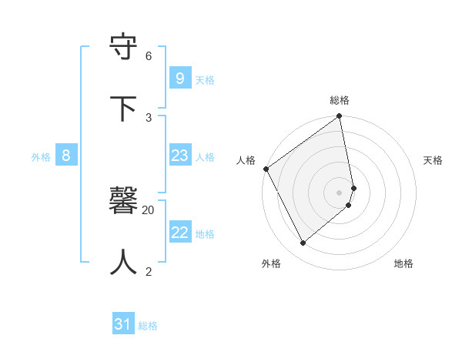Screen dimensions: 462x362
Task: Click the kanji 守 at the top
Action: pos(124,48)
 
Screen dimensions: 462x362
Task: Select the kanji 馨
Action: pos(124,201)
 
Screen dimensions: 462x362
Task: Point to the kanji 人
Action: pos(124,262)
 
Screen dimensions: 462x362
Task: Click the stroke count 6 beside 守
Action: pos(149,56)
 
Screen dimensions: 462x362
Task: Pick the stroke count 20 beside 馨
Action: pos(149,209)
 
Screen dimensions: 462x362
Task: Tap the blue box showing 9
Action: pos(179,78)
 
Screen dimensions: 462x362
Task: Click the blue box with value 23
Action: pos(179,156)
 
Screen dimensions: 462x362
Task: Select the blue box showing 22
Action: pos(179,233)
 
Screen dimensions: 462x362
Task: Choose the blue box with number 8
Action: pos(66,156)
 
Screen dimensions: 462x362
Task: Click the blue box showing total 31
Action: pos(122,324)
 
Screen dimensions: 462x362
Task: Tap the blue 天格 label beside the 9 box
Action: pos(205,80)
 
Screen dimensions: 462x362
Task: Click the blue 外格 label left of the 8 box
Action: pos(41,157)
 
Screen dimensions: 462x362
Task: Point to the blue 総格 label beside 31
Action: pos(148,327)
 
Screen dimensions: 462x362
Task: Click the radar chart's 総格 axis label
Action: pos(340,100)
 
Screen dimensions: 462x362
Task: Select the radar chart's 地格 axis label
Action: pos(403,263)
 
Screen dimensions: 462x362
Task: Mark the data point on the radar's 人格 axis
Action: pos(266,169)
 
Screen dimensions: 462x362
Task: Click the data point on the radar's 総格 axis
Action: pos(340,117)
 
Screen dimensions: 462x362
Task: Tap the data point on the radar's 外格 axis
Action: pos(303,243)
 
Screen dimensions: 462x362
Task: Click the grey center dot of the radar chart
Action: pos(340,192)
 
